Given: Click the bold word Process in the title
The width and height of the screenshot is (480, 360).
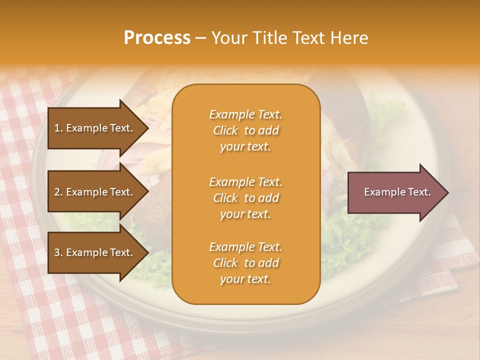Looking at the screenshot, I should (157, 38).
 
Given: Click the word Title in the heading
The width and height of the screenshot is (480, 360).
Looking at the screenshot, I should (269, 38).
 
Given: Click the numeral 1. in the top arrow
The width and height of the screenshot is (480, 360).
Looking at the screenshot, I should (58, 128).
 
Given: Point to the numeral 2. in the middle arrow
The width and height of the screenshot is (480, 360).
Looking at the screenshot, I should (58, 192).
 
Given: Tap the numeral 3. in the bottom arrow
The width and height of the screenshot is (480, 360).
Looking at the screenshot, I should (58, 252).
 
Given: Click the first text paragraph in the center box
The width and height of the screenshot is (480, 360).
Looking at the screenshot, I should (245, 130).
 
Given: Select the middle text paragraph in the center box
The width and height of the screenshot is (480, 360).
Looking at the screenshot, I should (245, 198).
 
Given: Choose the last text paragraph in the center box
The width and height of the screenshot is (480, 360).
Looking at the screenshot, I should (245, 263).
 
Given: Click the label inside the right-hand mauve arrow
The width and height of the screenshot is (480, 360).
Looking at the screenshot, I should (397, 192).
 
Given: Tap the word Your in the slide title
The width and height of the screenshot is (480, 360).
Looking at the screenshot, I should (228, 38).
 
